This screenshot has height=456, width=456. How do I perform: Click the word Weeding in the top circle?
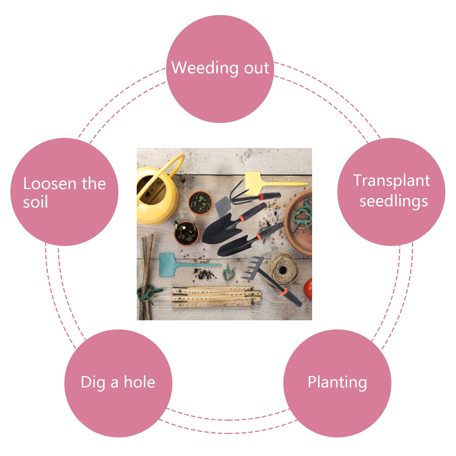click(x=204, y=68)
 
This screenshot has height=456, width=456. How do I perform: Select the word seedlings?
click(x=394, y=201)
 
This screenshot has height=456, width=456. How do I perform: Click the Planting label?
click(x=337, y=382)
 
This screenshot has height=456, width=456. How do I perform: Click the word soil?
click(x=35, y=202)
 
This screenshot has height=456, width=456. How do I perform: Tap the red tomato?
click(x=308, y=289)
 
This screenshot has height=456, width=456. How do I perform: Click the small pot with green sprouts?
click(x=201, y=203)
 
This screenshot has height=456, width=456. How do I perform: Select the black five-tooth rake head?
click(x=252, y=267)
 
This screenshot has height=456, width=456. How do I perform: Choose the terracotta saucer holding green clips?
click(x=298, y=222)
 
